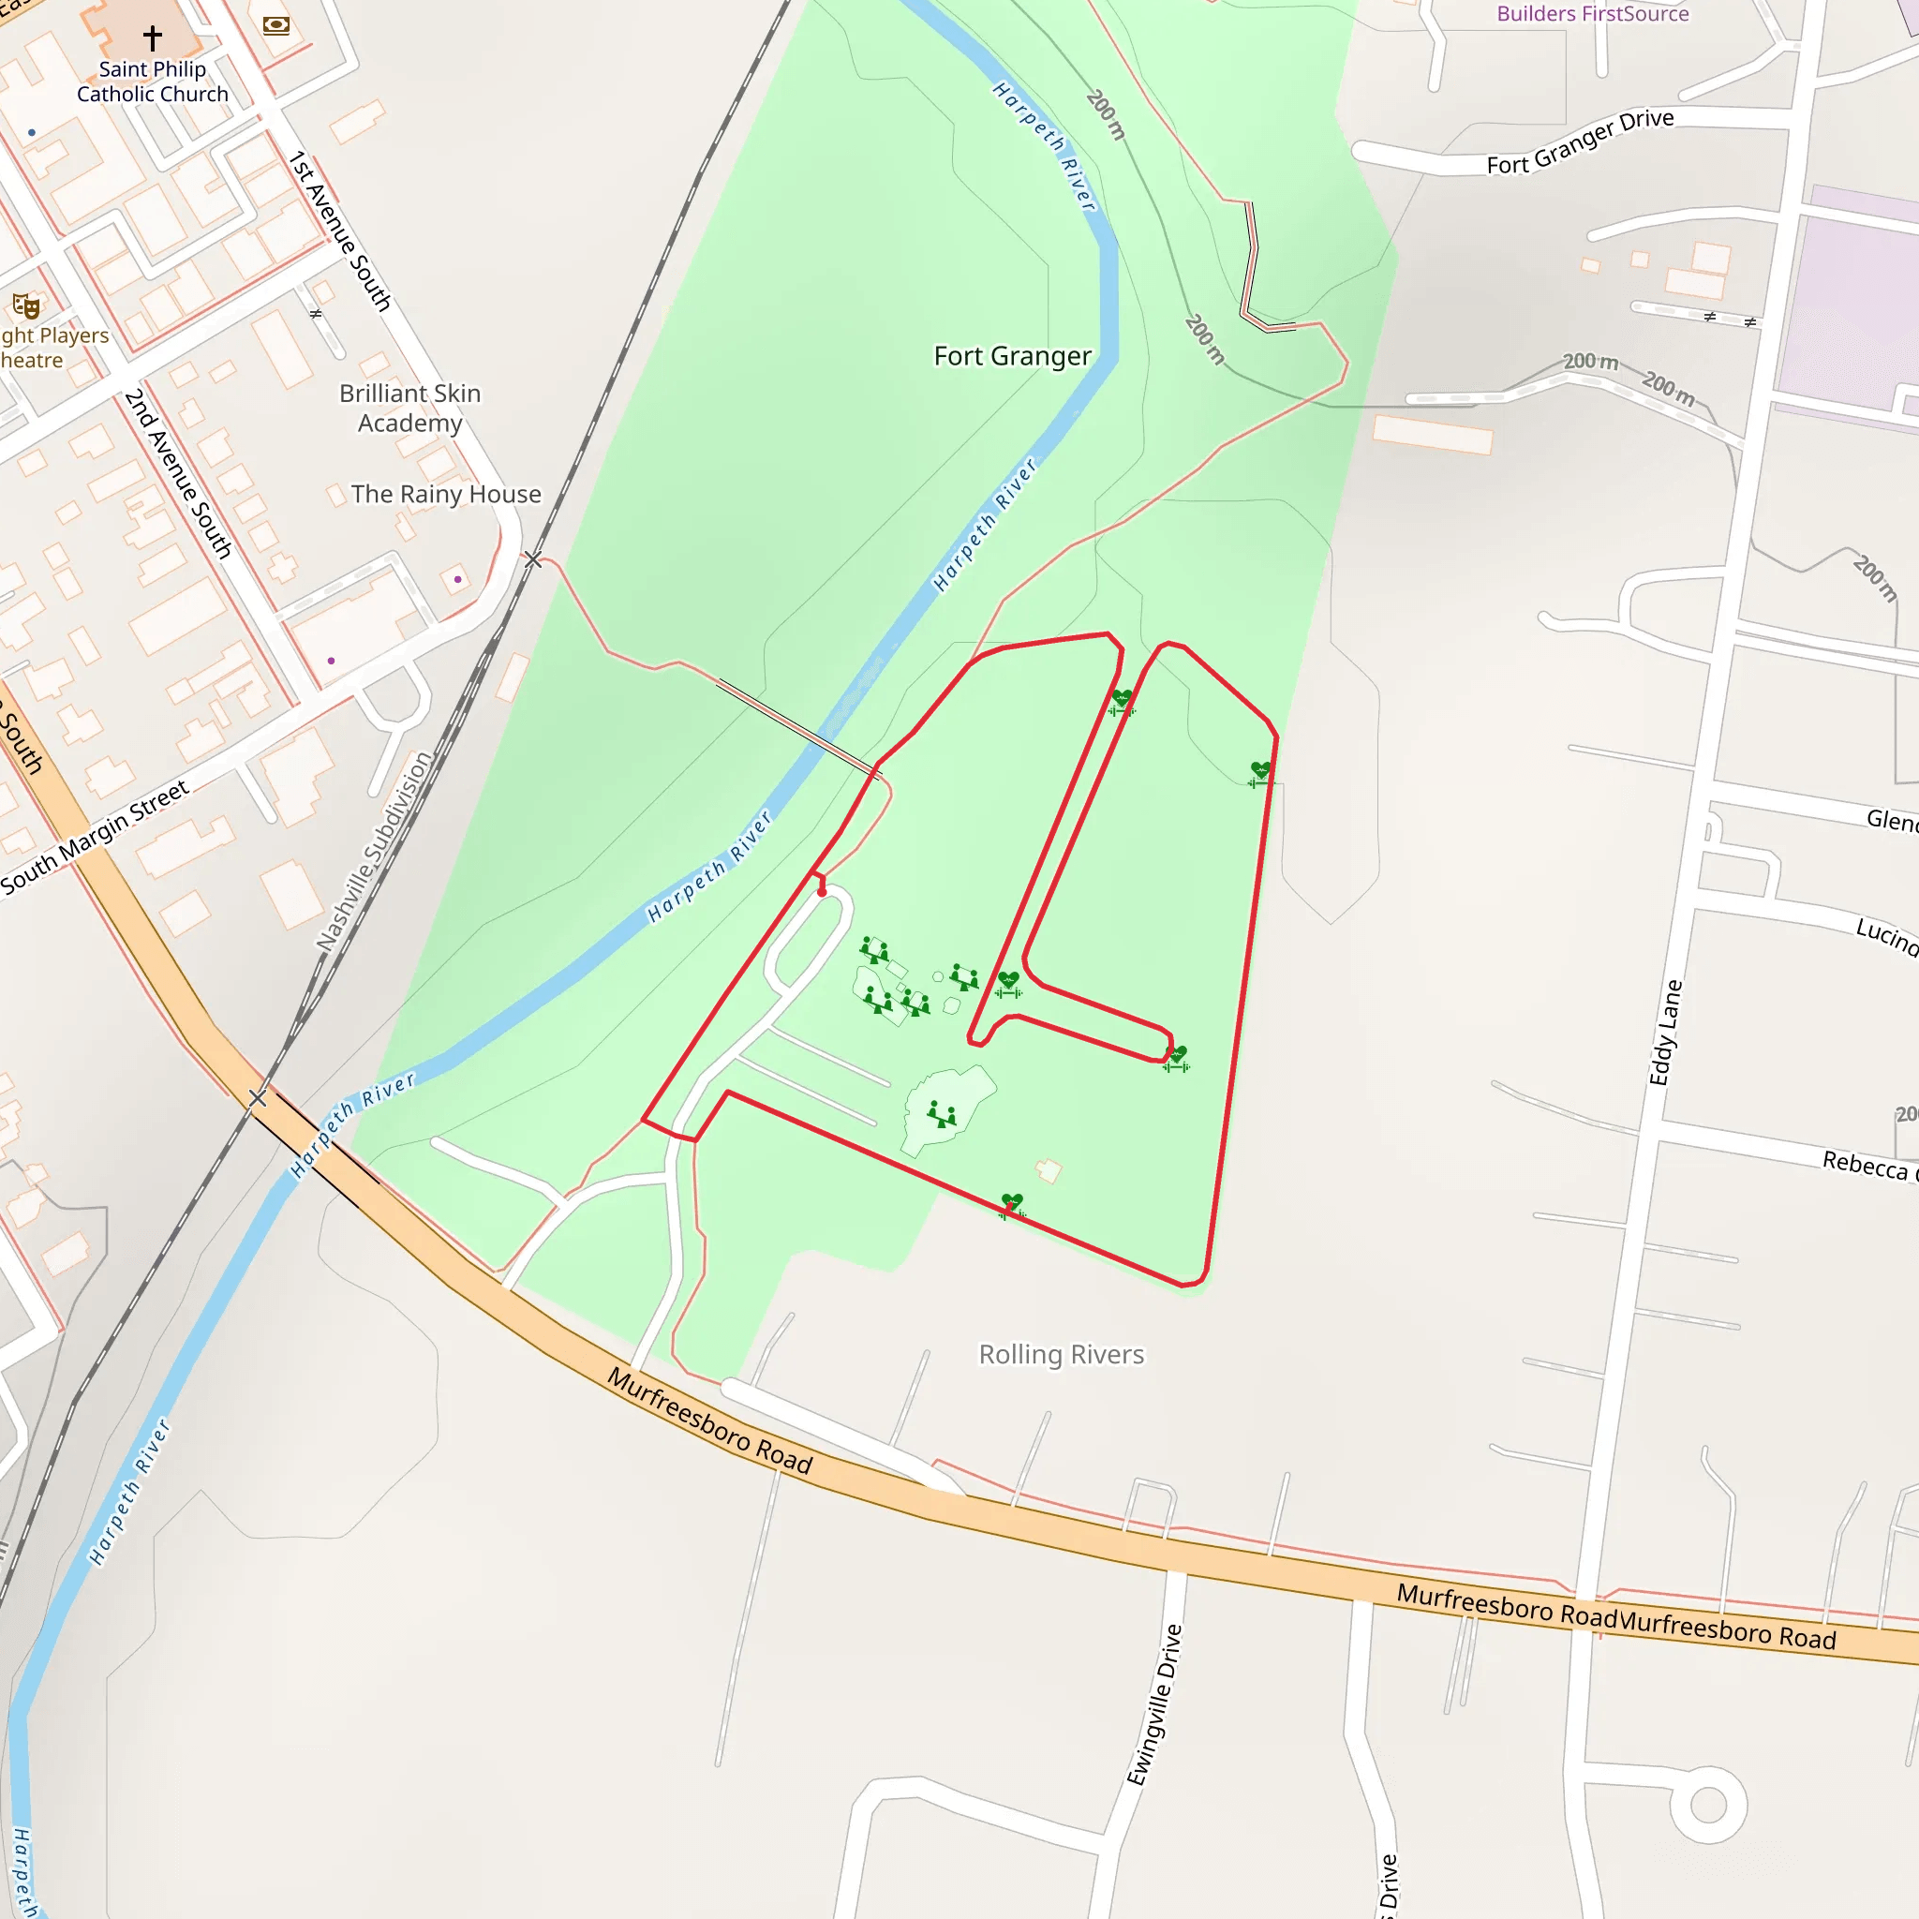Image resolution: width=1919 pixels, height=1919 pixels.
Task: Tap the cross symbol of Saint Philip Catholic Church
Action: click(152, 37)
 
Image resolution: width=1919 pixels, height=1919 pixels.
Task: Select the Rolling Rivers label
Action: click(1061, 1355)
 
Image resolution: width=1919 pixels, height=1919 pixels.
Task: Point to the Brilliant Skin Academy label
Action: click(410, 409)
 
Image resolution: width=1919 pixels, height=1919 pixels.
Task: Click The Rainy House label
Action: click(446, 494)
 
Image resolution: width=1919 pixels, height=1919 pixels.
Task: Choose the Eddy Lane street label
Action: click(1666, 1033)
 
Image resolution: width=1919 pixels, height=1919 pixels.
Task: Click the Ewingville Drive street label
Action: click(1154, 1704)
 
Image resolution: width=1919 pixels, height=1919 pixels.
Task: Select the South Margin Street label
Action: click(95, 838)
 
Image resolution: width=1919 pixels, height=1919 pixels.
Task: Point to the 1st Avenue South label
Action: click(340, 231)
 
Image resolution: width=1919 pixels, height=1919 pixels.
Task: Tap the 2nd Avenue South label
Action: click(178, 474)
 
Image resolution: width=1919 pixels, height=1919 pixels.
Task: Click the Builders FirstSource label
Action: click(1592, 14)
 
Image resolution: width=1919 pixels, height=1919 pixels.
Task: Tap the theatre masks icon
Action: click(26, 305)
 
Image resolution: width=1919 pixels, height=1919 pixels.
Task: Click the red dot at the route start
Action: click(822, 892)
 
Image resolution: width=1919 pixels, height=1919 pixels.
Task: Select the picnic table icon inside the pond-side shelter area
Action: click(941, 1114)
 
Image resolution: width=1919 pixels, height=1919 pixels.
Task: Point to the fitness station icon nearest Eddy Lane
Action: click(1260, 773)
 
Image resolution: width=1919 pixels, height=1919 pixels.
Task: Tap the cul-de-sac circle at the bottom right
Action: click(1708, 1805)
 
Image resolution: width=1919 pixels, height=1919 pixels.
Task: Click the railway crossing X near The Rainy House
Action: click(533, 560)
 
